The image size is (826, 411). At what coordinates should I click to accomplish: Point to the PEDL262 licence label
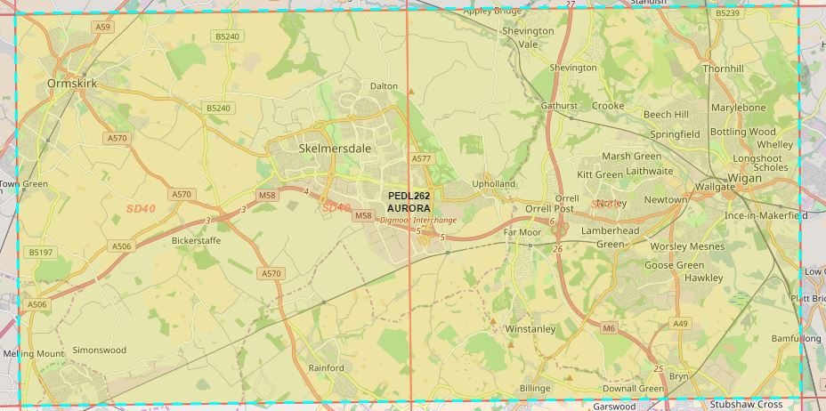point(409,196)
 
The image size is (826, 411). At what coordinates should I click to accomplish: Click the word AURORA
point(409,207)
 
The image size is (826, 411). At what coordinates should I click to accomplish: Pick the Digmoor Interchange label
point(417,220)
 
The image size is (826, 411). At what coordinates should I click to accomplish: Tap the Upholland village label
point(494,184)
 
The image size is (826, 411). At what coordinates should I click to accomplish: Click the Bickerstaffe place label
point(196,240)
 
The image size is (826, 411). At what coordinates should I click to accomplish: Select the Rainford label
point(326,368)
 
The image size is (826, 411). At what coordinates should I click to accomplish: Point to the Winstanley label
point(530,329)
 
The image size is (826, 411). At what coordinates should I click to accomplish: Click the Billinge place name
point(535,389)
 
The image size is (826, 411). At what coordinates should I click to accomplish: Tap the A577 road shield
point(421,158)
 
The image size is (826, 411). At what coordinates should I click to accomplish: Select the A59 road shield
point(104,28)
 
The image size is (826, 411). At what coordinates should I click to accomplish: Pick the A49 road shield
point(681,323)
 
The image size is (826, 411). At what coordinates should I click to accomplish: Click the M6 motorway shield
point(609,329)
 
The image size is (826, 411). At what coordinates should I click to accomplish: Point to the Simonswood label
point(100,351)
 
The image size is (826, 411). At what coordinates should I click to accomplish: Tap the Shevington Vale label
point(528,36)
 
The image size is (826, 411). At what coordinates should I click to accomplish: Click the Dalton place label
point(384,86)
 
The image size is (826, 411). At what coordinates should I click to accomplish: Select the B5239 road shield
point(727,13)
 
